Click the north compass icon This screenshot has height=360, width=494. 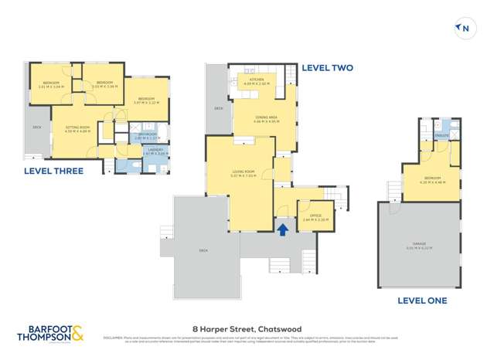coord(464,29)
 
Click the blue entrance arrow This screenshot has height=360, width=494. coord(283,229)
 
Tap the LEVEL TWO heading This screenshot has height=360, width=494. coord(327,68)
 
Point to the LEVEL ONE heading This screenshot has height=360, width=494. coord(421,301)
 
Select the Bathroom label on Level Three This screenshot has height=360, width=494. coord(147,135)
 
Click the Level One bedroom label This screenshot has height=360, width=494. coord(428,180)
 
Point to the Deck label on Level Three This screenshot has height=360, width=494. coord(36,127)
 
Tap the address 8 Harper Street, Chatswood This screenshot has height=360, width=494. coord(247,327)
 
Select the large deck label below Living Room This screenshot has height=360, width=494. coord(204,251)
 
